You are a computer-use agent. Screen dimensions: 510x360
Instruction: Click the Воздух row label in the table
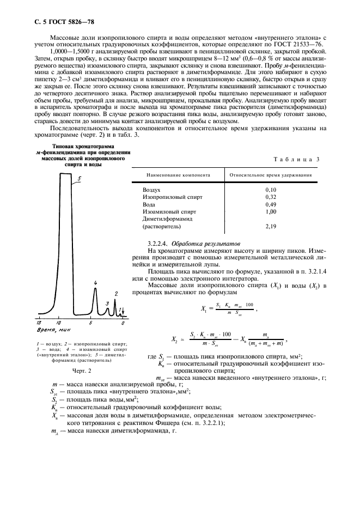[x=153, y=189]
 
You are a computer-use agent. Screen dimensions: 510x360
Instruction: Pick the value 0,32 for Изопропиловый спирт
[x=270, y=196]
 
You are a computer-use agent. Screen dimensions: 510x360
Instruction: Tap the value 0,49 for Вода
[x=270, y=204]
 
